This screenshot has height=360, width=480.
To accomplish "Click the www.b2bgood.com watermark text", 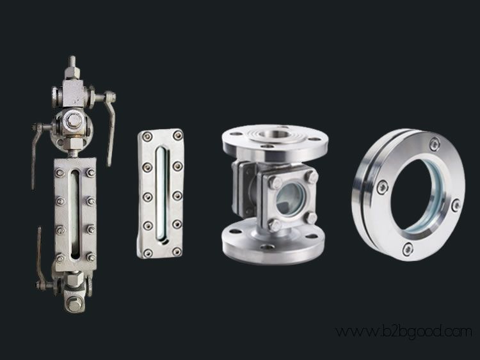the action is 404,332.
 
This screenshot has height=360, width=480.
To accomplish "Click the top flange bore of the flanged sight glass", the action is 275,134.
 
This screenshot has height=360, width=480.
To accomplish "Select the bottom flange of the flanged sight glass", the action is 273,241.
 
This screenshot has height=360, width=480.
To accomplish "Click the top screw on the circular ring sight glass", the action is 435,144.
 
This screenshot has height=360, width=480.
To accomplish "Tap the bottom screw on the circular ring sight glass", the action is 408,249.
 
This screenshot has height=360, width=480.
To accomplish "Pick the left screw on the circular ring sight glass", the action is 382,187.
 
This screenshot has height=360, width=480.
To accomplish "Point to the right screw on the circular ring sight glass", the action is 456,205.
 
